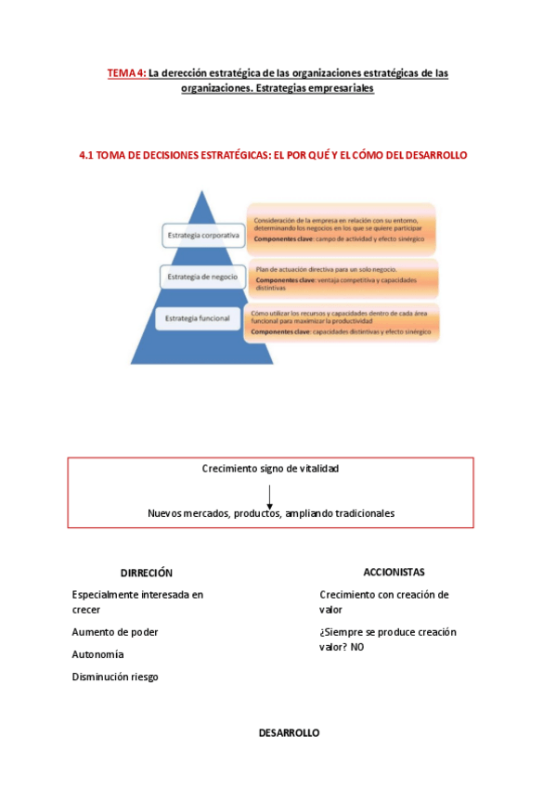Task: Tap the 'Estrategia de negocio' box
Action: point(202,277)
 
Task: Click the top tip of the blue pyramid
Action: point(203,192)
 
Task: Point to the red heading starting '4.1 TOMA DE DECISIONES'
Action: point(273,155)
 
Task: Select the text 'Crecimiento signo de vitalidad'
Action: point(270,469)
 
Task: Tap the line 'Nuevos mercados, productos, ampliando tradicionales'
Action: point(271,513)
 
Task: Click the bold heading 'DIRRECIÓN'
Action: point(147,573)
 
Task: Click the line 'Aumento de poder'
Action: point(115,632)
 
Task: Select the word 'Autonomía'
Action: point(97,654)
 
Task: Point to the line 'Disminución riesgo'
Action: point(115,677)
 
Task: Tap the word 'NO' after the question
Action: point(358,647)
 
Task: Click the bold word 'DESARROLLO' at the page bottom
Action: point(289,732)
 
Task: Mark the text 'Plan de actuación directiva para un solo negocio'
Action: point(326,269)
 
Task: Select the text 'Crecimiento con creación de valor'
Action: point(383,601)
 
